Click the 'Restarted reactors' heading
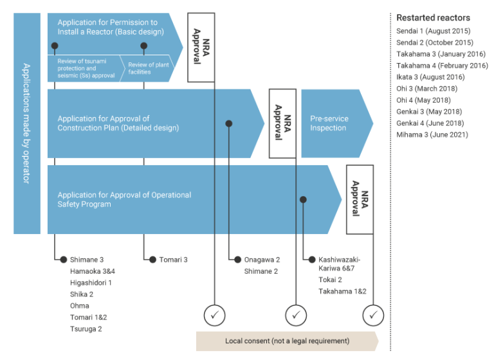pyautogui.click(x=433, y=17)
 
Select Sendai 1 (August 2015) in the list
pyautogui.click(x=433, y=31)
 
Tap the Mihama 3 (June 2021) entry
pyautogui.click(x=432, y=135)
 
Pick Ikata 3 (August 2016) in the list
pyautogui.click(x=430, y=77)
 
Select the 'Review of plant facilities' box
pyautogui.click(x=149, y=68)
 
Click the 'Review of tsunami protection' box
pyautogui.click(x=84, y=68)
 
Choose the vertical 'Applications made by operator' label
pyautogui.click(x=27, y=123)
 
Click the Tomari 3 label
pyautogui.click(x=174, y=260)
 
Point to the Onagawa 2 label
pyautogui.click(x=261, y=260)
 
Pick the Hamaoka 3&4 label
pyautogui.click(x=92, y=271)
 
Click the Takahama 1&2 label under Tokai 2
pyautogui.click(x=342, y=291)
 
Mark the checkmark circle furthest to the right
pyautogui.click(x=372, y=315)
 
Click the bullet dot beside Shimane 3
pyautogui.click(x=63, y=260)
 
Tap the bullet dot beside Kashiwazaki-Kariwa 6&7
pyautogui.click(x=312, y=260)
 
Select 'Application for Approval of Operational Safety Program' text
pyautogui.click(x=124, y=199)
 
